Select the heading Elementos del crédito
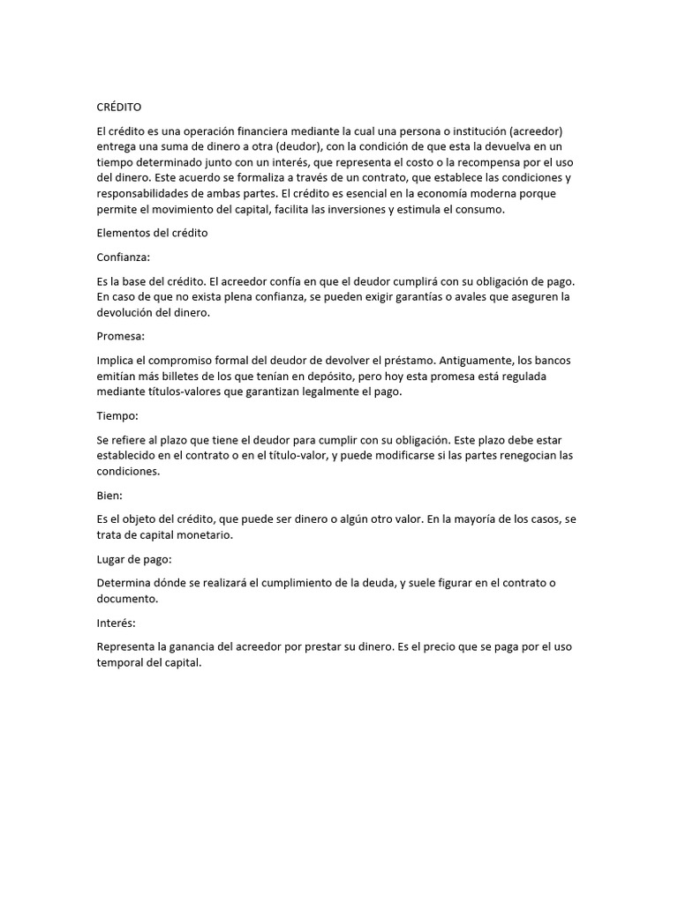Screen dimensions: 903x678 pos(151,234)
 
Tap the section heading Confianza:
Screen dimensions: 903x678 pos(124,257)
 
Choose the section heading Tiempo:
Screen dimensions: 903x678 pos(117,414)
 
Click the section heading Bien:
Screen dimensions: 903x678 pos(109,496)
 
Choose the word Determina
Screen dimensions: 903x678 pos(125,584)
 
